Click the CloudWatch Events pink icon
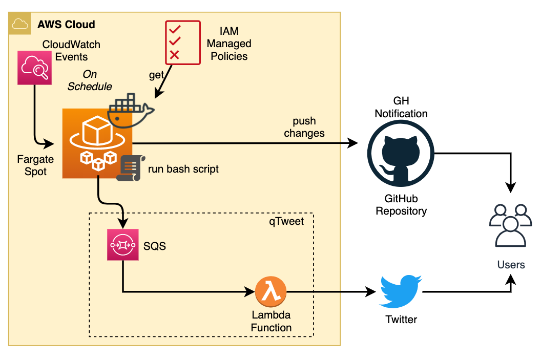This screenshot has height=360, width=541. point(35,68)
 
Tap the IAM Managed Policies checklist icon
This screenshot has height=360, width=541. point(182,43)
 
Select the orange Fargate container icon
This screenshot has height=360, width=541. point(97,143)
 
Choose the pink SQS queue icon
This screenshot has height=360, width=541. point(123,245)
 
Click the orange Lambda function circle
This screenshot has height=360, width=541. point(270,293)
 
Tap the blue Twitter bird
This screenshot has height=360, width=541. point(400,290)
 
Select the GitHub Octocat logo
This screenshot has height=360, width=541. point(401,154)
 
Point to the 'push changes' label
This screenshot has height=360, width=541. point(304,128)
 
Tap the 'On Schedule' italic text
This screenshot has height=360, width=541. point(90,80)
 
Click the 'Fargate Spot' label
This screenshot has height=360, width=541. point(35,165)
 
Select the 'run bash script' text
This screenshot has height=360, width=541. point(183,169)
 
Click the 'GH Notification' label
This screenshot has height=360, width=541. point(401,107)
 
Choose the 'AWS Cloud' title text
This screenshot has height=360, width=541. point(66,25)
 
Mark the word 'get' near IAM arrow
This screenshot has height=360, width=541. point(156,75)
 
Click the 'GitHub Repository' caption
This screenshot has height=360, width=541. point(401,204)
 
